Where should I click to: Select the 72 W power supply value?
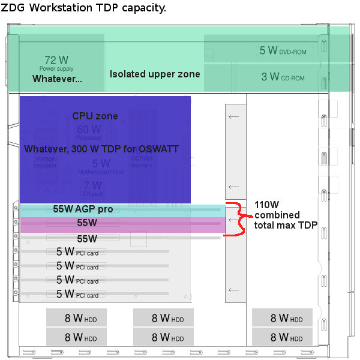(56, 61)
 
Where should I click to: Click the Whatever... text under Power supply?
(57, 79)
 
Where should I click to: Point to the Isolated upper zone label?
(155, 74)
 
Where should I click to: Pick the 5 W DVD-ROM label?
(283, 51)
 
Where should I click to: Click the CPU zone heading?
(95, 116)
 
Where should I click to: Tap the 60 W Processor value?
(89, 130)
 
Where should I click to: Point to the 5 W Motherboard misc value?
(101, 163)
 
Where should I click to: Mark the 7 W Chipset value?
(92, 185)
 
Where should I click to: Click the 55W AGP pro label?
(83, 209)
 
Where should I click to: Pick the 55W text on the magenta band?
(87, 223)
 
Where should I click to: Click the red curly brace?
(237, 220)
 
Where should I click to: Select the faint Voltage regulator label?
(46, 162)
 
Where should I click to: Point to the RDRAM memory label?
(142, 162)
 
